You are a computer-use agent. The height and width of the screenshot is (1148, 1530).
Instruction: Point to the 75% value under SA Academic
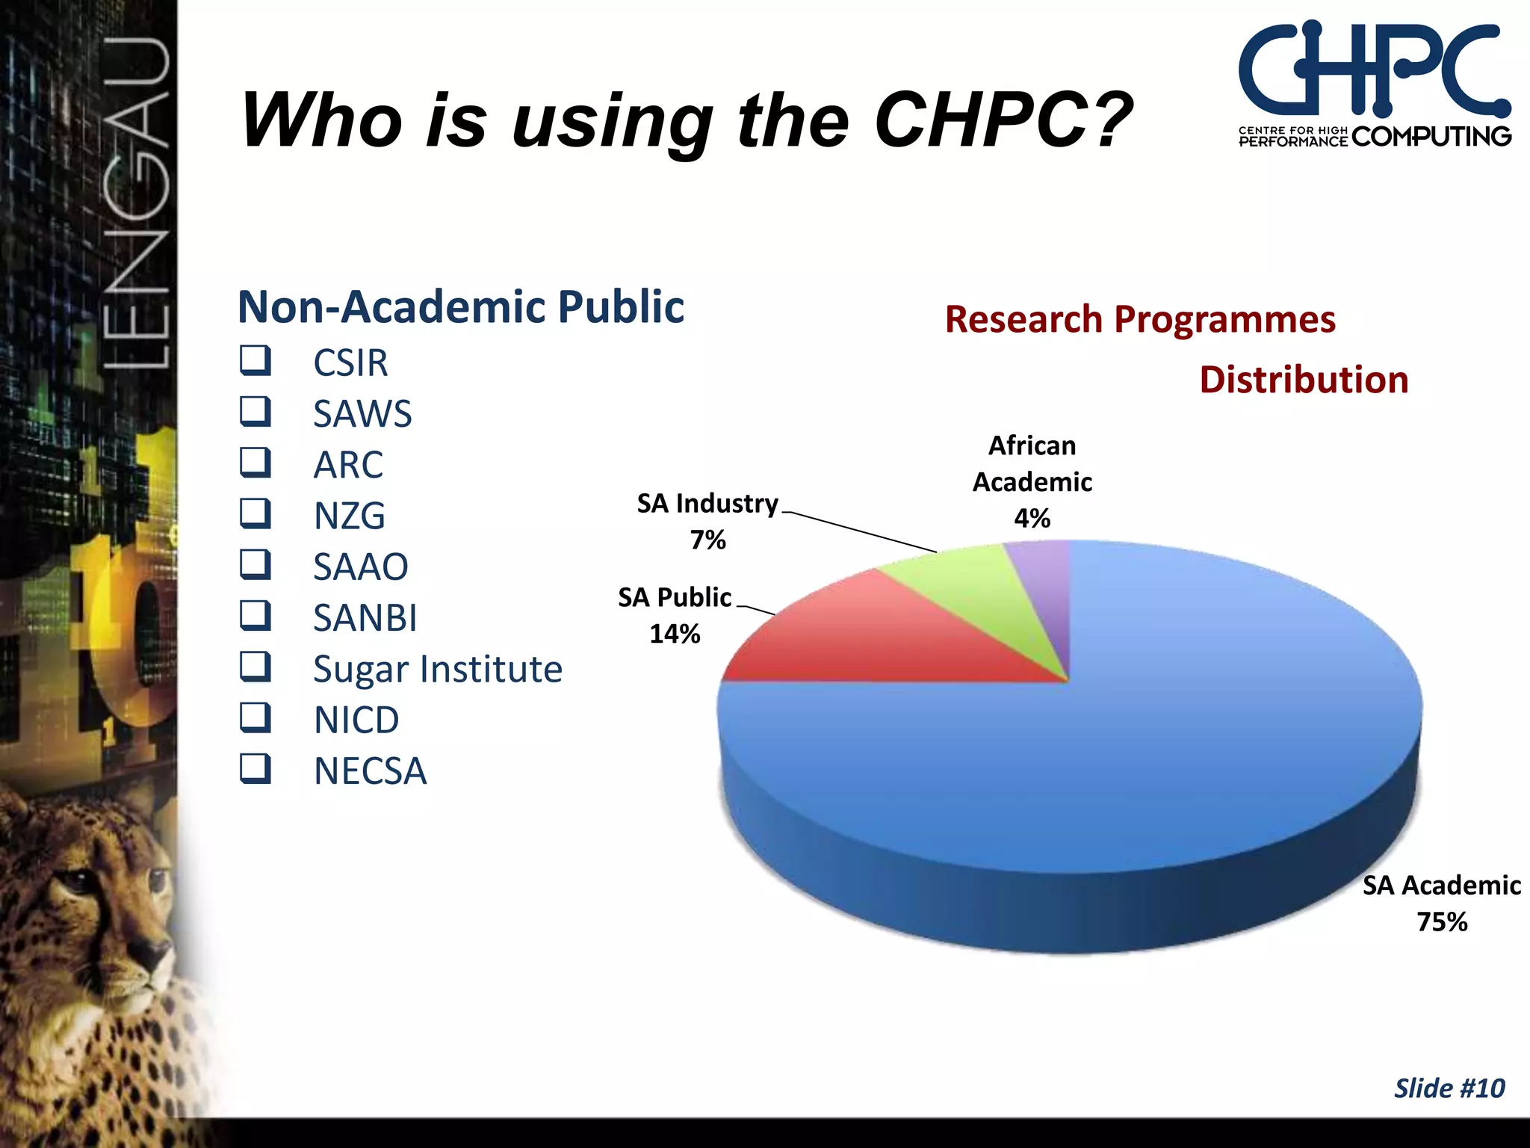click(1442, 922)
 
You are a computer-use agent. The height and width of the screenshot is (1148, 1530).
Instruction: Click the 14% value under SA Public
click(675, 635)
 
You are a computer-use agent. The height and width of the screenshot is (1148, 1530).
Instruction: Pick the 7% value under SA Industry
click(707, 540)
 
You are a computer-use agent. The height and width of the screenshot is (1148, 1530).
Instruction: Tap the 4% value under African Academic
click(1032, 519)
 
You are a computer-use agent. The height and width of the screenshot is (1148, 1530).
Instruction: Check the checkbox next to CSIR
click(255, 361)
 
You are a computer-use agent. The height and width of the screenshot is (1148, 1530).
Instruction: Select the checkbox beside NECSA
click(255, 769)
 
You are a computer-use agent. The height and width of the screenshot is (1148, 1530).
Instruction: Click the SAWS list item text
click(362, 414)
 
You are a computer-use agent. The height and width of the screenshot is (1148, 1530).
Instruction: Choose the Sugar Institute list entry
click(437, 669)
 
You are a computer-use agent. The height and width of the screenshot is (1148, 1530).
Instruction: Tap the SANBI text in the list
click(365, 618)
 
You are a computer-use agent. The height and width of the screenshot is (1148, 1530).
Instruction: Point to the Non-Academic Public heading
click(460, 307)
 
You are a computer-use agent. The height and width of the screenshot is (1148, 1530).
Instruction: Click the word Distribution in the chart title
click(1304, 380)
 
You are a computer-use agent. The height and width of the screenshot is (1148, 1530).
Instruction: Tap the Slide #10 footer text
click(1449, 1088)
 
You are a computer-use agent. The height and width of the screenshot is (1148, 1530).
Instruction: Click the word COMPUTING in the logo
click(1431, 137)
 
